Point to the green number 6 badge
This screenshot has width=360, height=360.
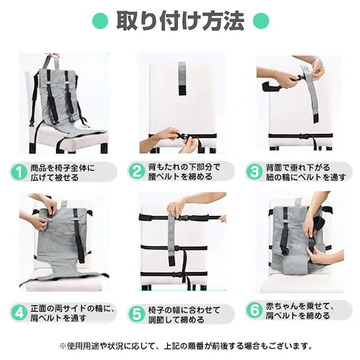(254, 314)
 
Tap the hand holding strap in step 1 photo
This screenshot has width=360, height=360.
(52, 56)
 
